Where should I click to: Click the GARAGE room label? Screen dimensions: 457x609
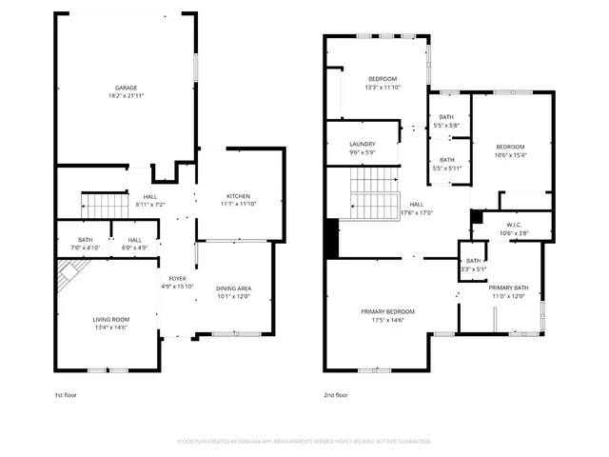127,88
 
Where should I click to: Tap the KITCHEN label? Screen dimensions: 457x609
238,196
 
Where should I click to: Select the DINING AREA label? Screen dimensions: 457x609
233,288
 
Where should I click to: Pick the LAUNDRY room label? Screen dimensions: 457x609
363,145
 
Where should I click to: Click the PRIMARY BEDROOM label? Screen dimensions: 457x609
387,311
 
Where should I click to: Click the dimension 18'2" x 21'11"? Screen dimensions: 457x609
127,96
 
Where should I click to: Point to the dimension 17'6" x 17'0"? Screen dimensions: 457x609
417,212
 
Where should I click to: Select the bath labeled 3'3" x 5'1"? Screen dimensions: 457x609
473,265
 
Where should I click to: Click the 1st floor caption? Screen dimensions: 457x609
66,394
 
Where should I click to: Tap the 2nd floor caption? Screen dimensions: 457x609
336,394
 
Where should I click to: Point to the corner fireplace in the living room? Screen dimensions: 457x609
68,278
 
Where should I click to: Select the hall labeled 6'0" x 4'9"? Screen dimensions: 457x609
134,244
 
